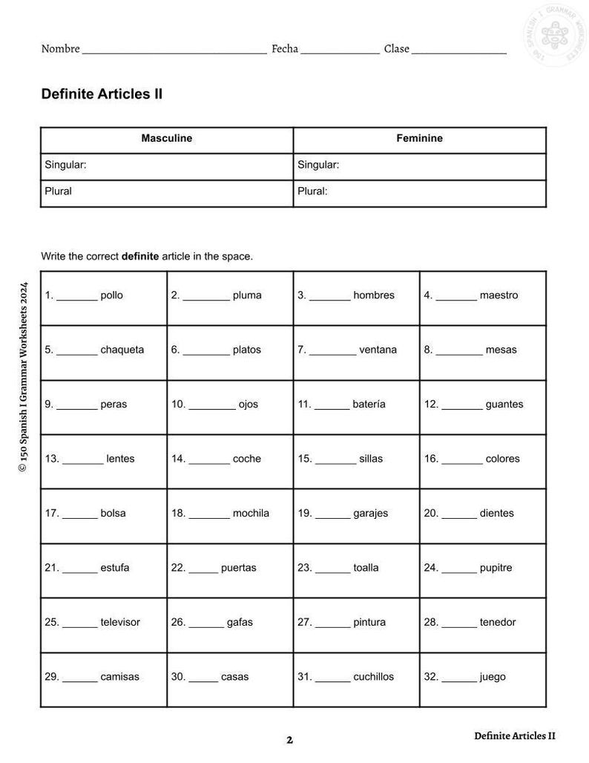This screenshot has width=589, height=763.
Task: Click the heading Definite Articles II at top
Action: click(x=102, y=94)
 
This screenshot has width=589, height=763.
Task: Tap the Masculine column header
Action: click(x=166, y=139)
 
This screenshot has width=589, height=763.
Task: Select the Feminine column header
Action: click(x=419, y=139)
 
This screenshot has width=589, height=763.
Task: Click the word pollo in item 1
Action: click(x=111, y=295)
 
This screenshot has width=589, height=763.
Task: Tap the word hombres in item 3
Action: click(x=374, y=295)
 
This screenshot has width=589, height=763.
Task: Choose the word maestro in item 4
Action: click(x=498, y=295)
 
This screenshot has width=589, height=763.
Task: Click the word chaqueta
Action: click(x=122, y=350)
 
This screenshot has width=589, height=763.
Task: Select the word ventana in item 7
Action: click(x=378, y=350)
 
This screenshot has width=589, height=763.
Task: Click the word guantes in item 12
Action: click(x=504, y=405)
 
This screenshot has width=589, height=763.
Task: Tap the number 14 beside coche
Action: click(x=177, y=459)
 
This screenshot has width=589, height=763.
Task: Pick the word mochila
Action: click(x=251, y=514)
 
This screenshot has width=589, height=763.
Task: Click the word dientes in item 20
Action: click(x=496, y=514)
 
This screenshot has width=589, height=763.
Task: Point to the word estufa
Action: click(x=115, y=569)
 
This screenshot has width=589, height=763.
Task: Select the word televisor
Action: click(x=120, y=623)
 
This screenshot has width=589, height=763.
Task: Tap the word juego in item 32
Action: click(x=493, y=678)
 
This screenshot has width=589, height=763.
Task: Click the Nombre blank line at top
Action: click(x=174, y=52)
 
